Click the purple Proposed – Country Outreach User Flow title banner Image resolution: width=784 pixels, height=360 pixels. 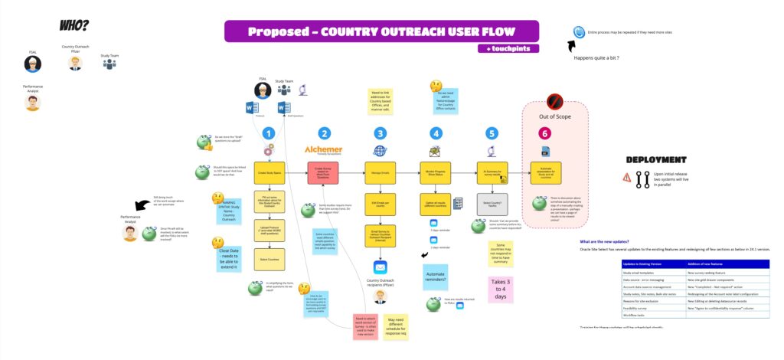pos(381,31)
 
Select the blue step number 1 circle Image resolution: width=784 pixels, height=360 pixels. pos(268,133)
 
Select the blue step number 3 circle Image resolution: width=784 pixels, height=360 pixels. pos(381,133)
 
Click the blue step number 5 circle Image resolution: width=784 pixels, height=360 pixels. pos(491,133)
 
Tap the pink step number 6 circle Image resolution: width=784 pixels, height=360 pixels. pos(544,133)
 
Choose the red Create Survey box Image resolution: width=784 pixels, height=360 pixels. pos(324,172)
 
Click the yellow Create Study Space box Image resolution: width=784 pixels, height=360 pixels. pos(269,172)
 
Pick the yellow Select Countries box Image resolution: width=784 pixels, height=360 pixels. pos(269,259)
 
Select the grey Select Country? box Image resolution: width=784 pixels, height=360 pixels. pos(491,205)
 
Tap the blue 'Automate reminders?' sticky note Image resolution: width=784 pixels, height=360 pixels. pos(436,280)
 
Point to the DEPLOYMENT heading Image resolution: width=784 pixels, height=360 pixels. pos(655,160)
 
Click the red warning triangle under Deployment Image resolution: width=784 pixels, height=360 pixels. pos(626,178)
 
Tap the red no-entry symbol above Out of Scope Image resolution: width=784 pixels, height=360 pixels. pos(556,100)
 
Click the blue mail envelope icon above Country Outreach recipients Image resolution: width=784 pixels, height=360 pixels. pos(381,267)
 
